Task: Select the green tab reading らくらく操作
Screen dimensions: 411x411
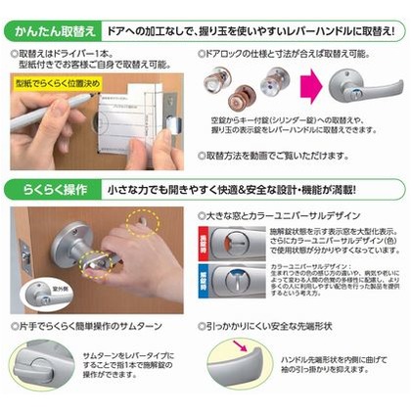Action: [45, 187]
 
